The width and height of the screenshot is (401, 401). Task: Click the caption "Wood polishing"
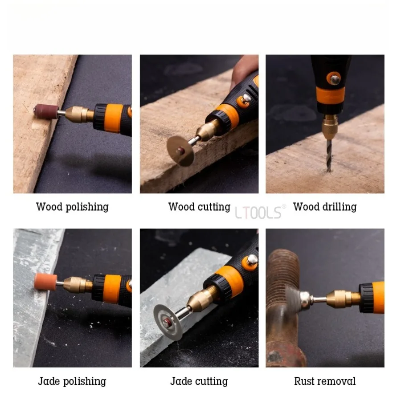(x=72, y=207)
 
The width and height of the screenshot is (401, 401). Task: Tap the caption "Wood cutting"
(x=199, y=207)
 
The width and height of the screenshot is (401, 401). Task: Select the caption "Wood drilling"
(x=325, y=207)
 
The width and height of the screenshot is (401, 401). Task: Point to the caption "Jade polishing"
(x=72, y=381)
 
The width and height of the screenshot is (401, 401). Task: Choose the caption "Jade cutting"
(x=199, y=381)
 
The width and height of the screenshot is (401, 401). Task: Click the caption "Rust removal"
(x=325, y=381)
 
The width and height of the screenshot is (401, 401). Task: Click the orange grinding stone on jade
(x=45, y=282)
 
